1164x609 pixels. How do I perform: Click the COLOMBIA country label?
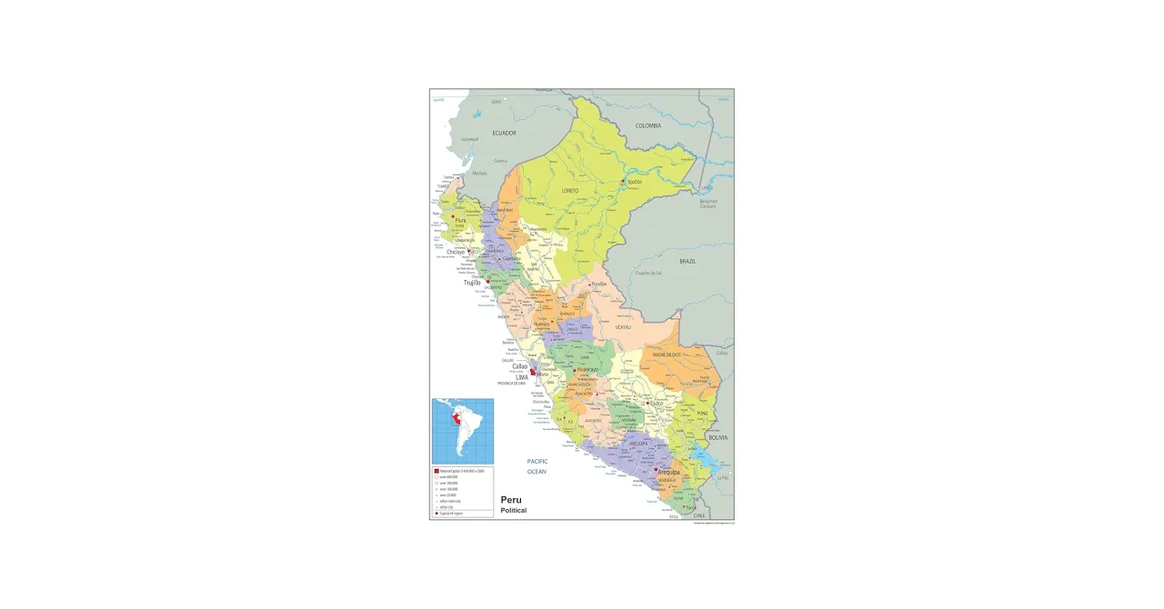point(648,125)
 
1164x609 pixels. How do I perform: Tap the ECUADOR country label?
point(504,133)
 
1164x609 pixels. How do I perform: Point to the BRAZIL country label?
point(687,261)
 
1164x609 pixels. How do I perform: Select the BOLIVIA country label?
point(718,437)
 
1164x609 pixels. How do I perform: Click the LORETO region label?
point(569,191)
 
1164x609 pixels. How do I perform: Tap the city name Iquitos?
point(634,182)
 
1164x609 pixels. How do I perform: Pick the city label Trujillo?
point(472,283)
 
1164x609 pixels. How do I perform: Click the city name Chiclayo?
point(457,252)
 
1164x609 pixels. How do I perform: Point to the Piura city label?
point(461,220)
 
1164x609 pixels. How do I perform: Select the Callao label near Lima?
point(519,366)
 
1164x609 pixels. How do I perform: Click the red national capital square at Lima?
point(533,372)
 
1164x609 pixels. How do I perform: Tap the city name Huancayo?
point(587,370)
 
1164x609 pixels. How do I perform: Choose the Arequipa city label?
point(669,472)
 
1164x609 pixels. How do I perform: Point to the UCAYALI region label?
point(623,326)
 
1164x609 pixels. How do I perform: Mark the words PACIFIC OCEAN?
point(537,466)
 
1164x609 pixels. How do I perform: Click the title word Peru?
point(511,500)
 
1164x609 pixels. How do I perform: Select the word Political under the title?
point(513,511)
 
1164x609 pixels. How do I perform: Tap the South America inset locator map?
point(463,431)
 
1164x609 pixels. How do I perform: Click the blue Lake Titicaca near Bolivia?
point(701,452)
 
